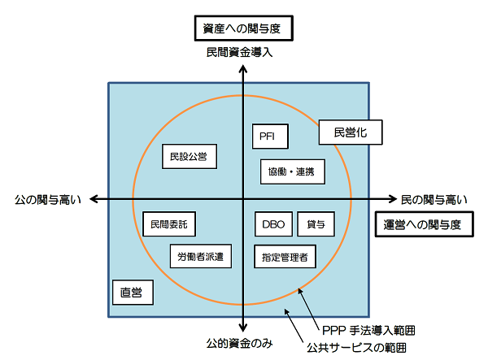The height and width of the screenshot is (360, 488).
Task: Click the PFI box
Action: (x=267, y=137)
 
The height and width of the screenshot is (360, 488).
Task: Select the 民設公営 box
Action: (x=189, y=155)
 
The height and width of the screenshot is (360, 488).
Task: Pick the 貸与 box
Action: (x=316, y=223)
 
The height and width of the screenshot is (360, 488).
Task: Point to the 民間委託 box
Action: (x=168, y=223)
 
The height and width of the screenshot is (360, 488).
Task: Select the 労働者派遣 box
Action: (x=201, y=257)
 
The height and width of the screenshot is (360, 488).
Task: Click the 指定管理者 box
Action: (x=285, y=257)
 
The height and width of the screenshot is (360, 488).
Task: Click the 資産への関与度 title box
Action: (x=243, y=29)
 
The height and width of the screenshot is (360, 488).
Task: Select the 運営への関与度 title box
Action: (x=422, y=225)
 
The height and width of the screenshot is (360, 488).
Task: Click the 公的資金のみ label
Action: (x=243, y=343)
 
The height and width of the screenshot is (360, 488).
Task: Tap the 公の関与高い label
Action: (x=48, y=199)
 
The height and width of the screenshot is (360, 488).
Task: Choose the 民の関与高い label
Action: (x=434, y=199)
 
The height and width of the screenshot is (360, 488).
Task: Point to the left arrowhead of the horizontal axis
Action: (x=93, y=199)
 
